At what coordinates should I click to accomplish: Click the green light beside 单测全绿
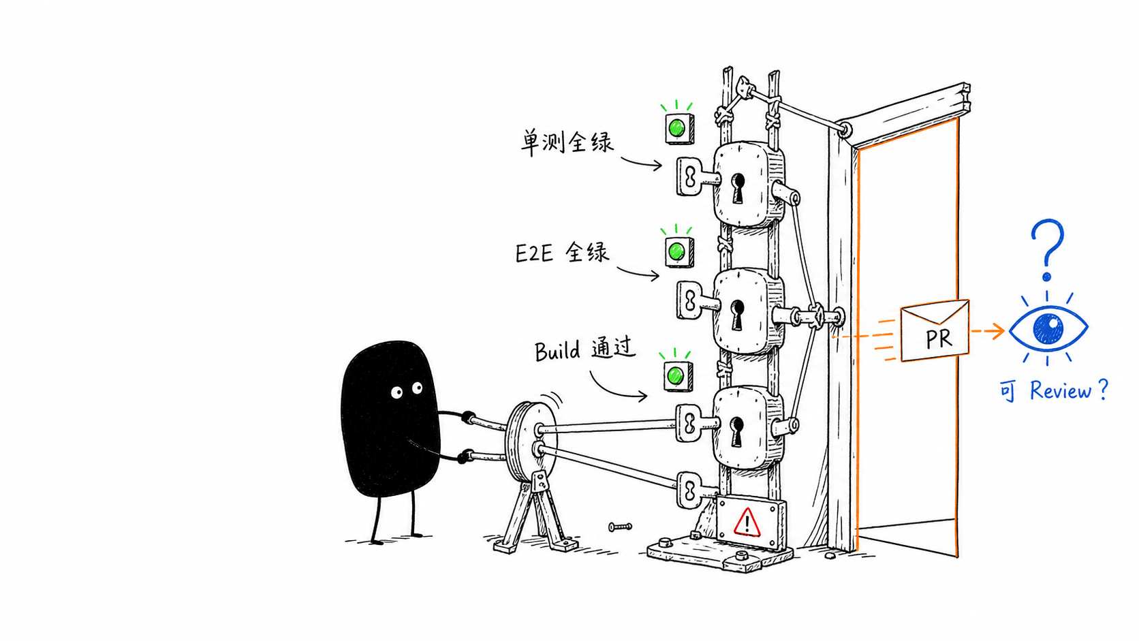click(x=676, y=127)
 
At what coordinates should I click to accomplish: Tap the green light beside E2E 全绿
click(x=676, y=251)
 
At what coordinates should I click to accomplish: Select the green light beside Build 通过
click(x=675, y=376)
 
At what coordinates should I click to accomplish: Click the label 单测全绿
click(x=567, y=142)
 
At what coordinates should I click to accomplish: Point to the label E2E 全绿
click(x=562, y=253)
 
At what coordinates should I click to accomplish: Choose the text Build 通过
click(x=585, y=349)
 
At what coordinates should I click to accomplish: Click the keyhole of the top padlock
click(x=738, y=187)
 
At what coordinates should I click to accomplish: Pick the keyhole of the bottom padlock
click(x=737, y=432)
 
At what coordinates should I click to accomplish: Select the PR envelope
click(x=935, y=330)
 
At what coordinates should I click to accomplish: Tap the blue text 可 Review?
click(x=1054, y=390)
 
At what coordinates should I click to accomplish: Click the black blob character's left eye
click(x=396, y=392)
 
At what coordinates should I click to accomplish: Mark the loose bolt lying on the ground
click(x=621, y=527)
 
